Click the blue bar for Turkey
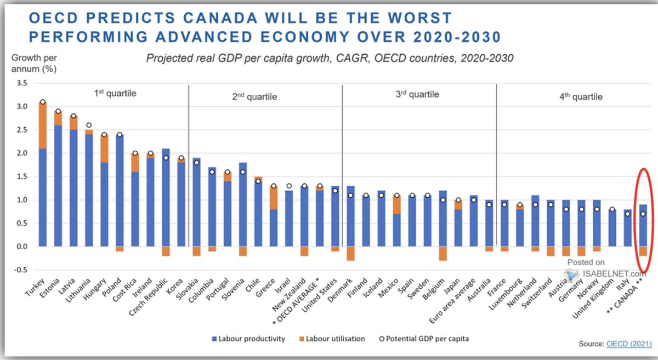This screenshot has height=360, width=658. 42,197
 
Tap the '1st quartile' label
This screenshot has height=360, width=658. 115,93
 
